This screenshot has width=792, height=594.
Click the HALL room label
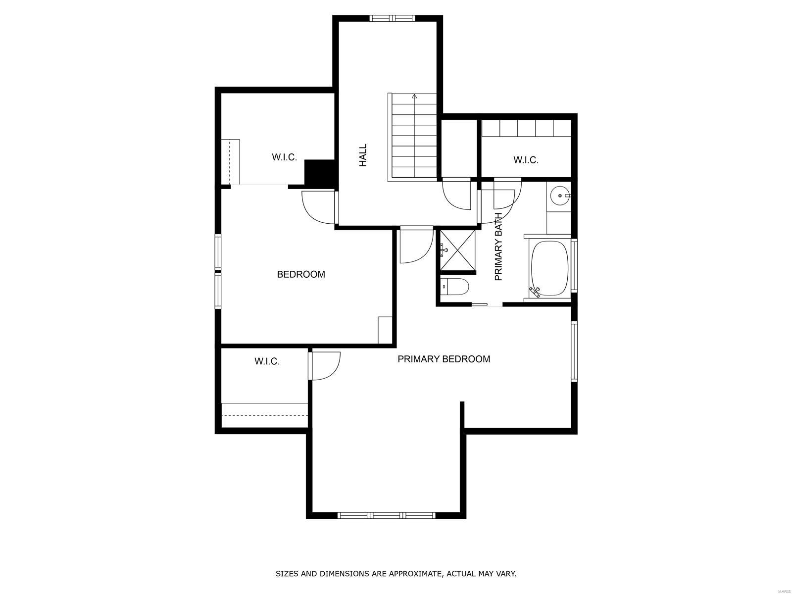[363, 155]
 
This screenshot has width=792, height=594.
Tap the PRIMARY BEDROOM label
[444, 359]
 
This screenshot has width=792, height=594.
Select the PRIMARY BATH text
[498, 247]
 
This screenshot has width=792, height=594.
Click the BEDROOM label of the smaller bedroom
[301, 274]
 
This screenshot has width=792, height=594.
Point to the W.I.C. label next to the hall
[284, 157]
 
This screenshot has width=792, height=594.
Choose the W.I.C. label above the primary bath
[526, 160]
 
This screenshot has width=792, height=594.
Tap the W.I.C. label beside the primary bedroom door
[267, 361]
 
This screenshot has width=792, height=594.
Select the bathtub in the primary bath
[549, 268]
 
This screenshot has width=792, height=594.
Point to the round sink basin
[560, 196]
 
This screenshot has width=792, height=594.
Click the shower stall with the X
[457, 250]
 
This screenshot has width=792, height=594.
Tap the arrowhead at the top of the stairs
[414, 97]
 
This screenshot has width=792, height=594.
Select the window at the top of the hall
[392, 18]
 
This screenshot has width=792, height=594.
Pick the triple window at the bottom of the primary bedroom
[387, 515]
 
